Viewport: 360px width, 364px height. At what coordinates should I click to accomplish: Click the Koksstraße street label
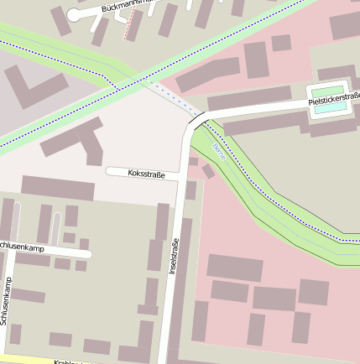click(x=147, y=174)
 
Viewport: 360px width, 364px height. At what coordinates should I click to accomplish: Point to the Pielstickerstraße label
click(x=333, y=101)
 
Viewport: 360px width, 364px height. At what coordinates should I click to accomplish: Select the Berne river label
click(x=219, y=151)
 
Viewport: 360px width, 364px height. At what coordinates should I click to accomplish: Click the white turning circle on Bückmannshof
click(x=74, y=15)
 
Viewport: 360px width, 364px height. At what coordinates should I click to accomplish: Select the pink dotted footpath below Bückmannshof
click(x=131, y=27)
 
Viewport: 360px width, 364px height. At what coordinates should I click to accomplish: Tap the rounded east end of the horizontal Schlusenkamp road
click(x=87, y=252)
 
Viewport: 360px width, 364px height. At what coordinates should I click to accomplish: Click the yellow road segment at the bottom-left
click(x=25, y=358)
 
